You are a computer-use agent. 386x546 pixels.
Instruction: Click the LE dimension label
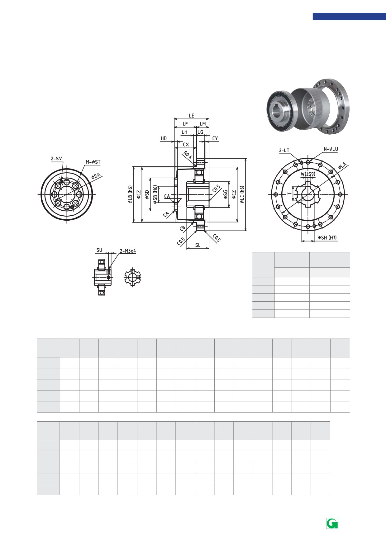191,116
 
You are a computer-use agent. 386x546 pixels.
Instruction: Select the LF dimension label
185,124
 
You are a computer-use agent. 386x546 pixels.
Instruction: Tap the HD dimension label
164,138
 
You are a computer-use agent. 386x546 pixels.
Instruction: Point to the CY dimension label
215,138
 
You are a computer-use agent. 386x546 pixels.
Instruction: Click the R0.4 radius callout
188,155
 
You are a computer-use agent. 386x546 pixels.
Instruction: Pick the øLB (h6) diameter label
130,195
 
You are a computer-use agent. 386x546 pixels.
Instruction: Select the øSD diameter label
147,194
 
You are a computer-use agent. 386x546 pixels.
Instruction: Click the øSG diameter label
226,194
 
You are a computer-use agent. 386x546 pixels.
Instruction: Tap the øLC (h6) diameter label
242,195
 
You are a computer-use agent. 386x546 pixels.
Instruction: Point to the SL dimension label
198,245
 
